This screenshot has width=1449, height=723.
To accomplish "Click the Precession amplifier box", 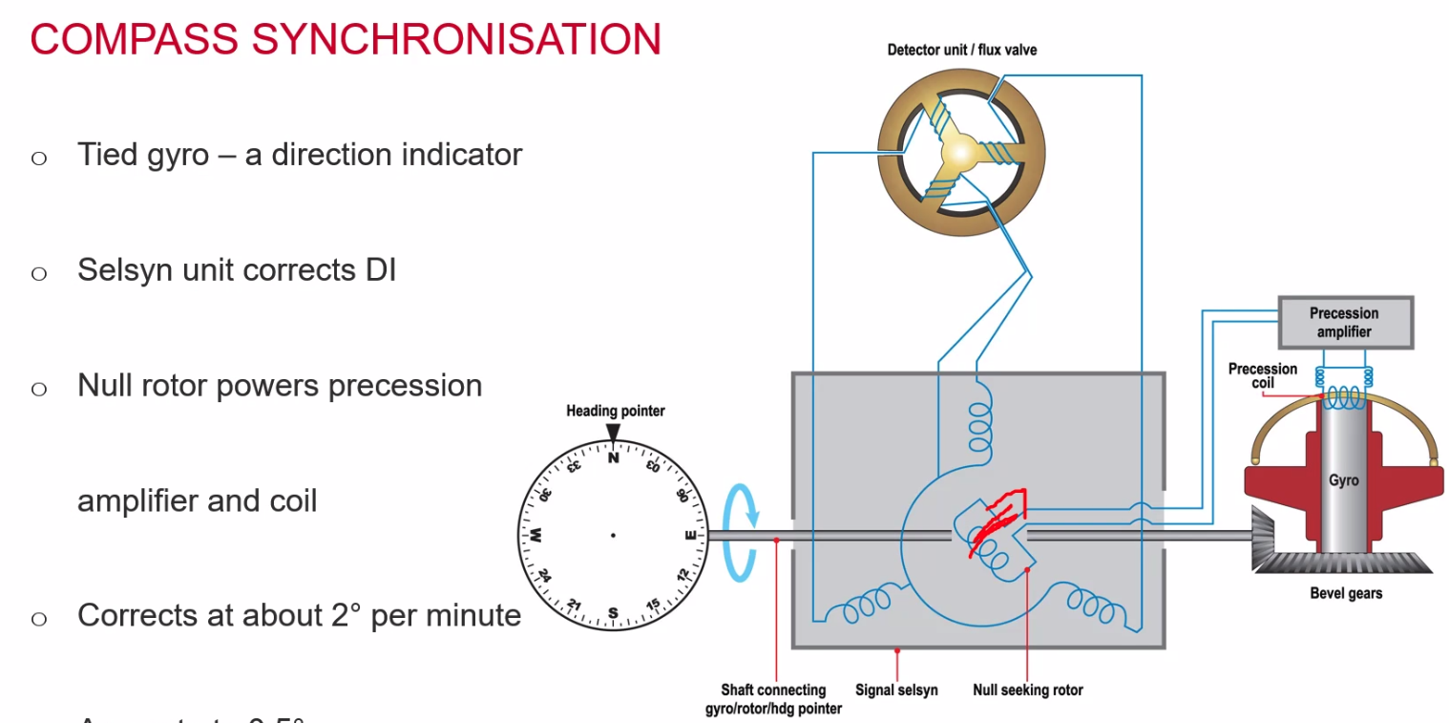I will pos(1344,323).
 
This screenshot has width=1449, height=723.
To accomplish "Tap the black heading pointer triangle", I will pos(613,433).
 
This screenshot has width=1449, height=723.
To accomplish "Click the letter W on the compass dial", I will pos(536,534).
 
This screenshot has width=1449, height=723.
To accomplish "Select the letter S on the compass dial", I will pos(613,612).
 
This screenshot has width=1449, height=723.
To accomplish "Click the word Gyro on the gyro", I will pos(1343,480).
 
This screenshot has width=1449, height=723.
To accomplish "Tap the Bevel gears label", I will pos(1346,593).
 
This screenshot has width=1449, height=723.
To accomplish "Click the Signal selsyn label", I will pos(896,690).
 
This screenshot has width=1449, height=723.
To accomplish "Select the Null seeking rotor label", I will pos(1027,690).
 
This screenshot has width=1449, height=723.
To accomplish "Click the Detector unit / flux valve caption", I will pos(961,50).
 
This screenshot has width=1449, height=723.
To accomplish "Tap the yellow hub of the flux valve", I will pos(958,153).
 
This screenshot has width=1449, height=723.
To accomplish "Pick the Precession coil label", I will pos(1263,375).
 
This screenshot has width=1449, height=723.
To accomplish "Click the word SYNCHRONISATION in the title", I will pos(455,39).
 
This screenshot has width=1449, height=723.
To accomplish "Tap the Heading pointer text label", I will pos(615,411).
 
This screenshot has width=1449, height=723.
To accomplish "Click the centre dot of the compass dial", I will pos(613,535).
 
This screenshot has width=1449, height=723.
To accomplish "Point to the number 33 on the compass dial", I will pos(574,467).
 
